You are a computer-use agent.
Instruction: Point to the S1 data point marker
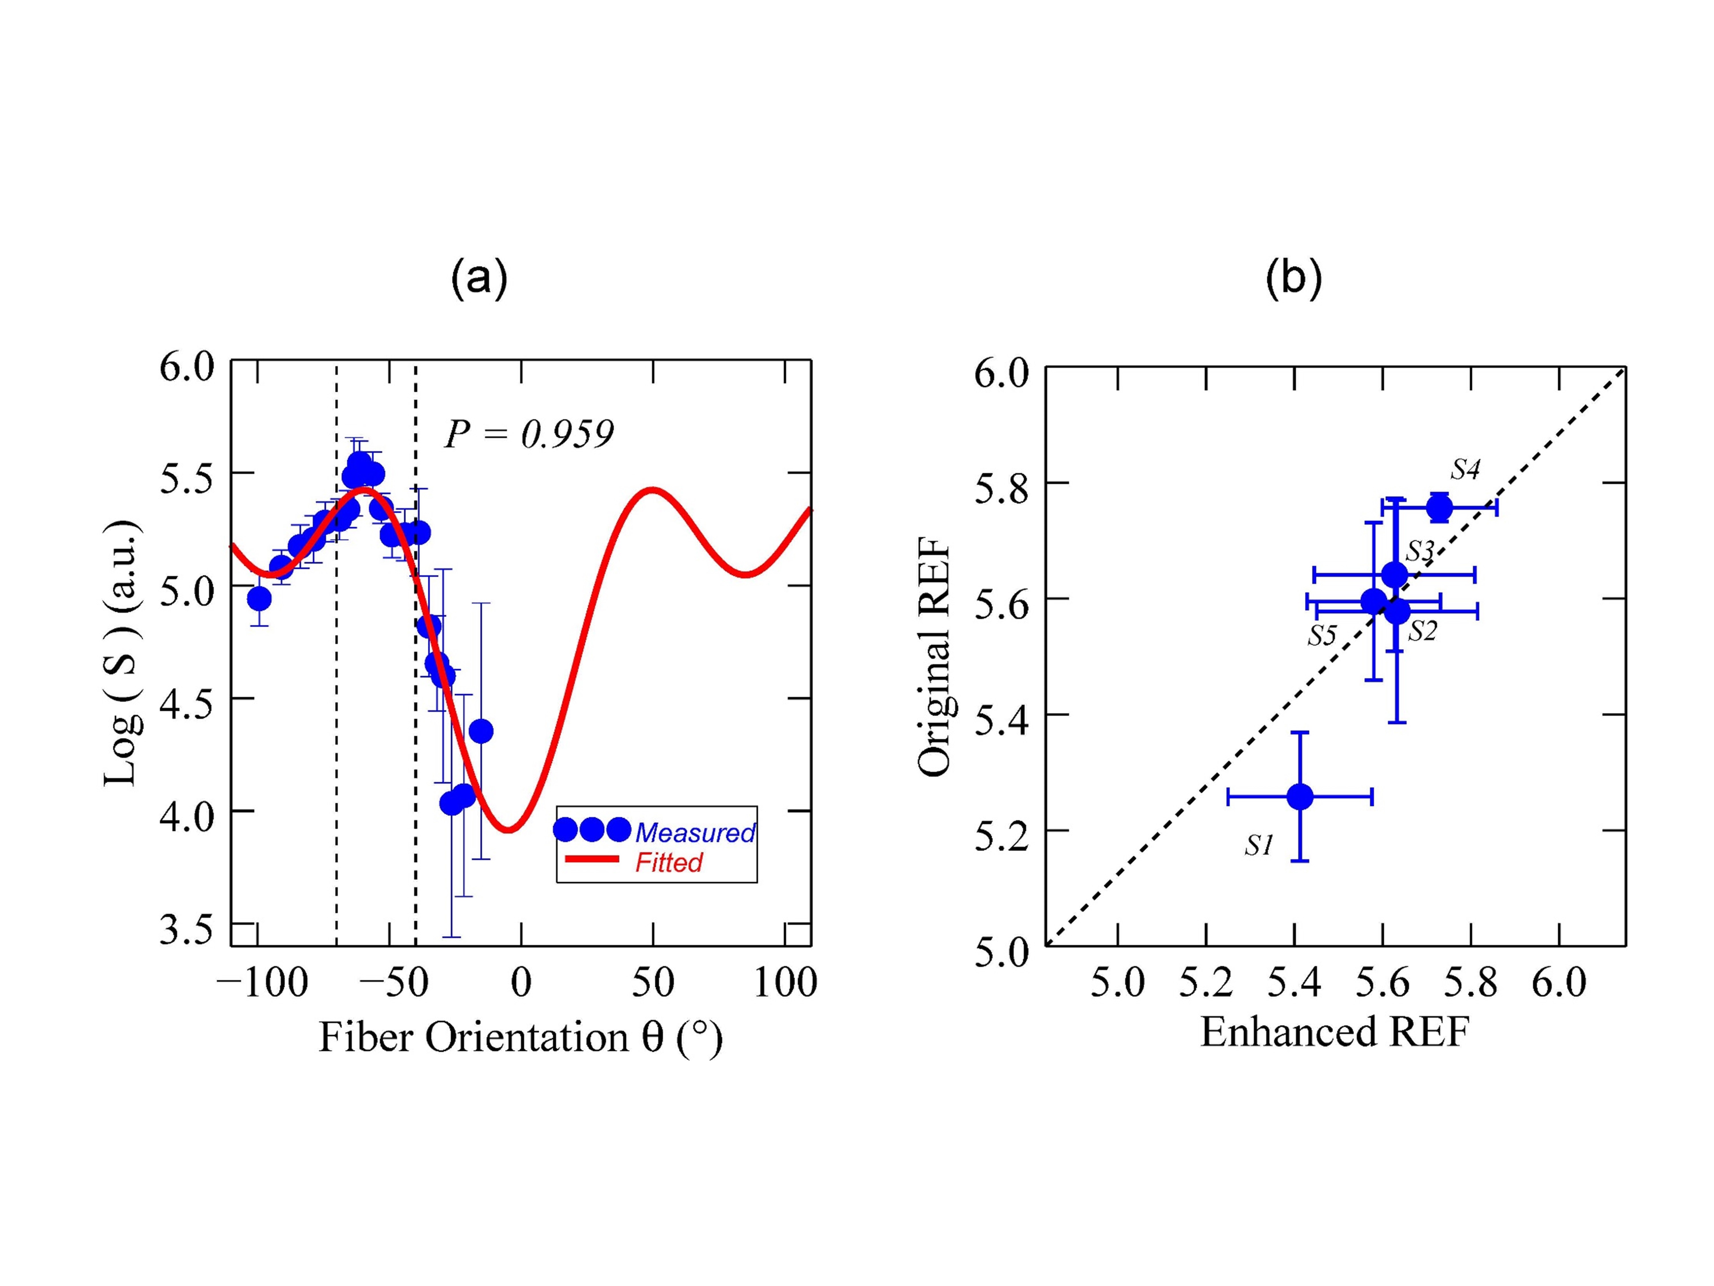[1300, 796]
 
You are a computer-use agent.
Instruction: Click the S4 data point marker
[1439, 508]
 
